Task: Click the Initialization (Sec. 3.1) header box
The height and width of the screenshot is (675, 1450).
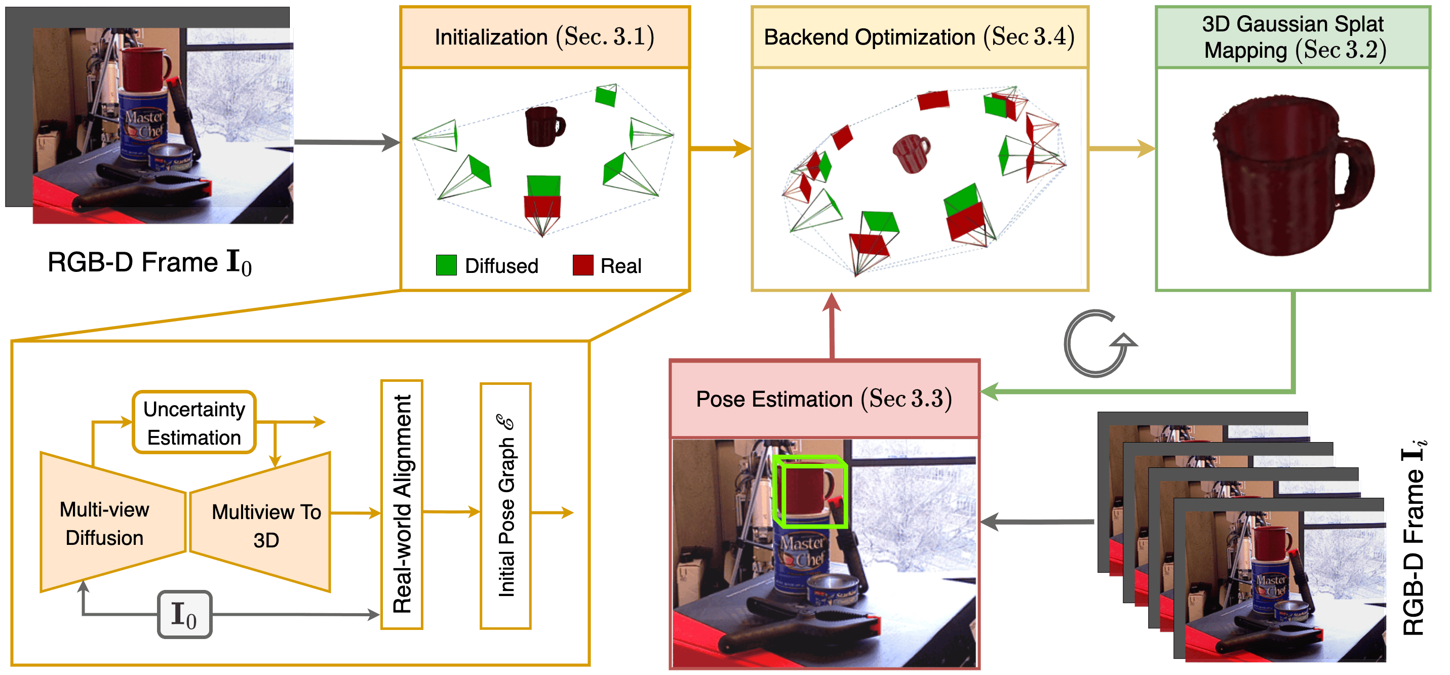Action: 544,37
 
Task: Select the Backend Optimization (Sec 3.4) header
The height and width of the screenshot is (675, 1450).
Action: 919,37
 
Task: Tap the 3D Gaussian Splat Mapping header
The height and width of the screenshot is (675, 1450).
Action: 1293,37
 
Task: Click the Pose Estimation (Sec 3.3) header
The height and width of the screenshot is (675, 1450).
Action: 824,399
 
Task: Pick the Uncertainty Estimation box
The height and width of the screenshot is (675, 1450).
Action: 194,423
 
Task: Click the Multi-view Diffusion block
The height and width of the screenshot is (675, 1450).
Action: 105,524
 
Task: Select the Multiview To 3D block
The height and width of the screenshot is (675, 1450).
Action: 266,525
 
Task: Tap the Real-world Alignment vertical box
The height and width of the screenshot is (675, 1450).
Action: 402,504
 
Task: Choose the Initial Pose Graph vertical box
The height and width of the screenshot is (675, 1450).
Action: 505,505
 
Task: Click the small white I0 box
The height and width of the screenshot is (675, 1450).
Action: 184,615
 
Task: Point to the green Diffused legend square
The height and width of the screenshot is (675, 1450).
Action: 446,265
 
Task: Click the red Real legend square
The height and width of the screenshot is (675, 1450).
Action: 582,265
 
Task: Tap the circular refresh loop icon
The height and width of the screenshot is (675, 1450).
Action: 1096,343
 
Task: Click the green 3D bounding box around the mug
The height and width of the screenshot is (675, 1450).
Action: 810,492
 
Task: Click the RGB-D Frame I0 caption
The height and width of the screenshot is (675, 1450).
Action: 150,263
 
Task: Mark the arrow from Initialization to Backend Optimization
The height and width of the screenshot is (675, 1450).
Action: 721,149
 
